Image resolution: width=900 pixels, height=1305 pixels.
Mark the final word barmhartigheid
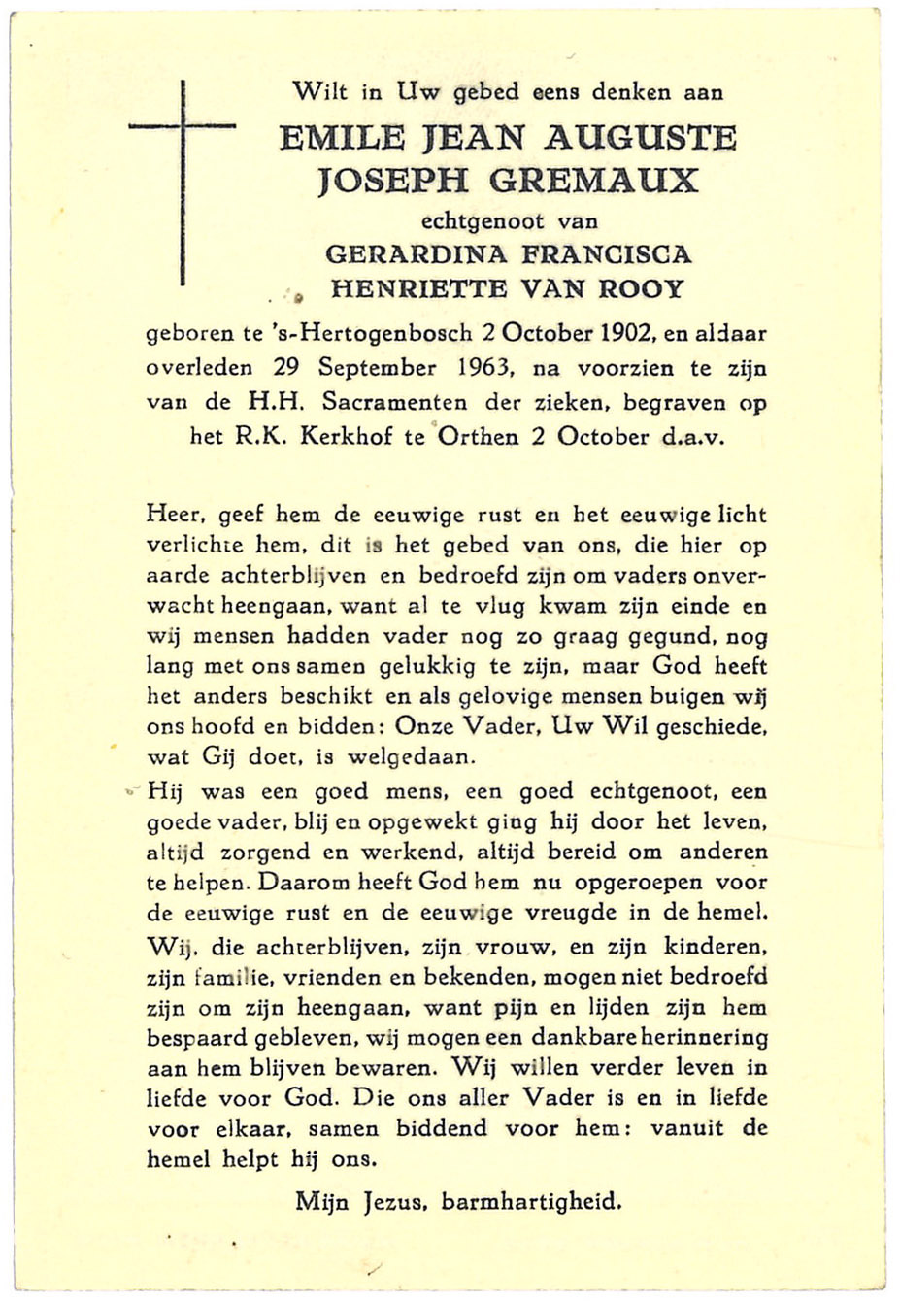click(531, 1202)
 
